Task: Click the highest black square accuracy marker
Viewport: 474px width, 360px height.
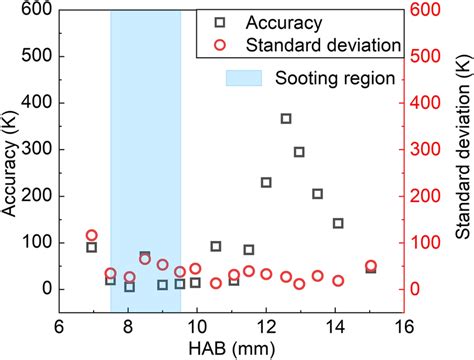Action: click(286, 119)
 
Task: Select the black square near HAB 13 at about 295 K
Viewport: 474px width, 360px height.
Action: click(299, 152)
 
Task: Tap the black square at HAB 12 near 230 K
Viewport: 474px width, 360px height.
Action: click(266, 182)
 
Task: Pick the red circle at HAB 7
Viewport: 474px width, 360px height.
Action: click(92, 235)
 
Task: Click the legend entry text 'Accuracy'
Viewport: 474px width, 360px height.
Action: click(289, 20)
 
